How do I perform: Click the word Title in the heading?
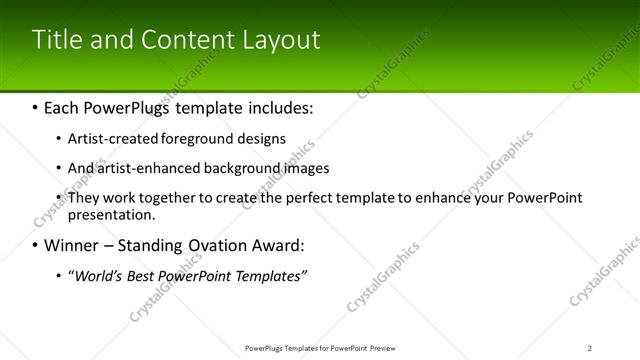click(54, 40)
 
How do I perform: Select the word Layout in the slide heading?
click(282, 40)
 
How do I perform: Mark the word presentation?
click(110, 215)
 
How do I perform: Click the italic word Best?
click(144, 275)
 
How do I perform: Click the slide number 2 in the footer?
click(590, 347)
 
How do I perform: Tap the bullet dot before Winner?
click(35, 246)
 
